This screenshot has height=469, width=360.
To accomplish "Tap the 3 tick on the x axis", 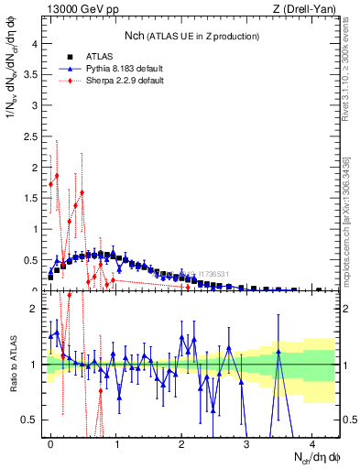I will (x=246, y=443).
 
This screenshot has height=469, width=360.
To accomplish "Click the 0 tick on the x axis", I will (x=50, y=443).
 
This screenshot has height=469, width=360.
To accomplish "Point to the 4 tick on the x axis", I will (x=311, y=443).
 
